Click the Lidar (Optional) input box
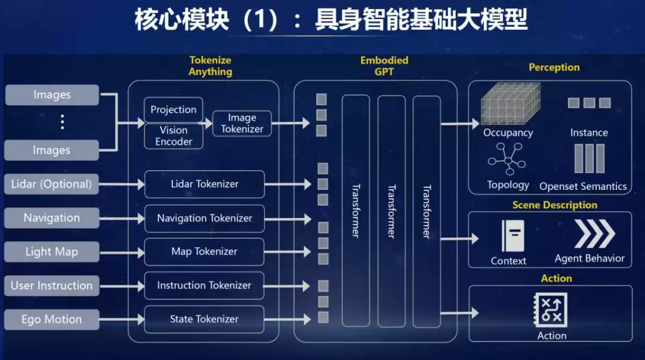pos(51,184)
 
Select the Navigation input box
pos(51,218)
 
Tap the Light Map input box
pos(51,251)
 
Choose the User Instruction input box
pos(51,285)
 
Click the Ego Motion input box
pos(51,319)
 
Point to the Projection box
pos(173,110)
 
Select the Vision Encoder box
pos(173,136)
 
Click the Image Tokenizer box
pos(242,123)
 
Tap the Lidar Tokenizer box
pos(204,184)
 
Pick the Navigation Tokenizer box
pos(204,218)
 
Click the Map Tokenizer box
pos(204,251)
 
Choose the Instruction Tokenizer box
pos(204,285)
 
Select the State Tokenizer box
pos(204,319)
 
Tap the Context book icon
pos(513,236)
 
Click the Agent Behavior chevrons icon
pos(594,233)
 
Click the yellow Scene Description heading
pos(554,205)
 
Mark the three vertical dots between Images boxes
pos(62,122)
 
